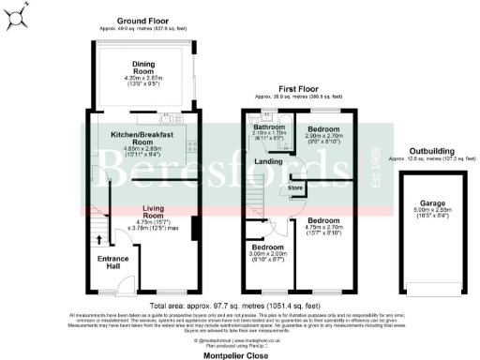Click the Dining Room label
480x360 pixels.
pyautogui.click(x=142, y=67)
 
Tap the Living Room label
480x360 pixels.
pyautogui.click(x=153, y=212)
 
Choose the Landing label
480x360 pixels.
pyautogui.click(x=270, y=163)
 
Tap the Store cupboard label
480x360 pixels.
pyautogui.click(x=295, y=188)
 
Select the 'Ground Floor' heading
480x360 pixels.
pyautogui.click(x=142, y=20)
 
